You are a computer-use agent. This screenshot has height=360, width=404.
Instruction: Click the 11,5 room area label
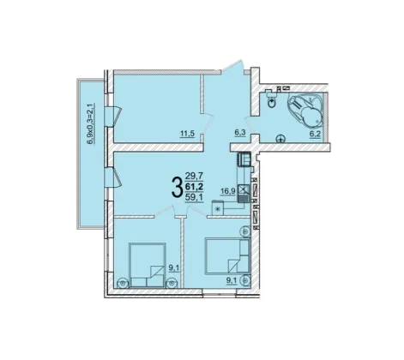tap(187, 133)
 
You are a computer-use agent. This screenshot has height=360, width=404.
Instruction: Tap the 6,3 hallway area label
tap(240, 133)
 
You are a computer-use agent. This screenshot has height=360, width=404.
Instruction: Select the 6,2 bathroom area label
tap(315, 134)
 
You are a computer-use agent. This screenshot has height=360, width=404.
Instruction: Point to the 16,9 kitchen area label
tap(227, 191)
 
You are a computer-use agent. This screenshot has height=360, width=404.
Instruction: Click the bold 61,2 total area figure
tap(194, 187)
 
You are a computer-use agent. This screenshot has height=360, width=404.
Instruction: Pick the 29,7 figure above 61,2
tap(194, 176)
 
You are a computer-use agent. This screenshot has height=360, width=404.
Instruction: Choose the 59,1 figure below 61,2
tap(195, 197)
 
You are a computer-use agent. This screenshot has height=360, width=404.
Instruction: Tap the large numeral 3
tap(177, 187)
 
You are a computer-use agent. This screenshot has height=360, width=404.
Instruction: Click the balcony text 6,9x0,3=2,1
tap(91, 124)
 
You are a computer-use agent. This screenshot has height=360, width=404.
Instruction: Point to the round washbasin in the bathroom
tap(280, 139)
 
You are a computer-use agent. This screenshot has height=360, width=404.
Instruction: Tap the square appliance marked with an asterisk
tap(218, 208)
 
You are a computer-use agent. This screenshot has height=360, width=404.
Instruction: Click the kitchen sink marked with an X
tap(244, 189)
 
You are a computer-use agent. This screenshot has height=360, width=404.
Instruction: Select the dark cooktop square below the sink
tap(244, 198)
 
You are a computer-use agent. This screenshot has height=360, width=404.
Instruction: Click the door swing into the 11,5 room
tap(207, 123)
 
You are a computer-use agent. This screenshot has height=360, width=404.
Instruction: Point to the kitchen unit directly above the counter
tap(244, 159)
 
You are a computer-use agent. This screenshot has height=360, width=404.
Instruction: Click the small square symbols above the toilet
tap(283, 88)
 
